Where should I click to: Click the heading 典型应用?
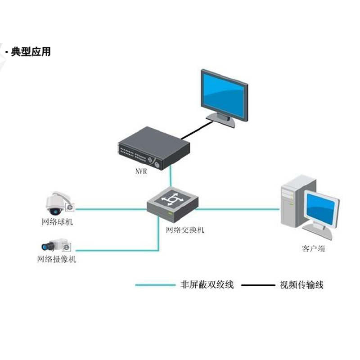pyautogui.click(x=31, y=52)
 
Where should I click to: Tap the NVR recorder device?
pyautogui.click(x=153, y=148)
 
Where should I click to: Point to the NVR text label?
pyautogui.click(x=141, y=171)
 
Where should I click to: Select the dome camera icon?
pyautogui.click(x=57, y=203)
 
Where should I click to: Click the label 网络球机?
pyautogui.click(x=55, y=222)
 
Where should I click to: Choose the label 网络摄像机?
pyautogui.click(x=57, y=259)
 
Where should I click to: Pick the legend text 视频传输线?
pyautogui.click(x=301, y=284)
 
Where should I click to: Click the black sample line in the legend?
pyautogui.click(x=257, y=285)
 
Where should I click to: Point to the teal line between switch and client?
pyautogui.click(x=238, y=209)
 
